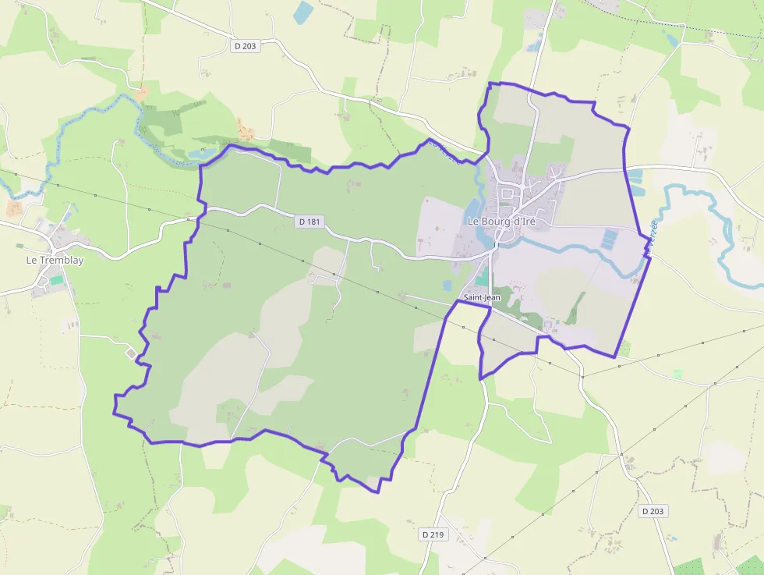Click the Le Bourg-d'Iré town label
501,221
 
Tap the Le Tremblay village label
55,260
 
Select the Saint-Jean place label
482,297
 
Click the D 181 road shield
309,222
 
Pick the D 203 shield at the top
245,46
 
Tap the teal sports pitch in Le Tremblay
56,279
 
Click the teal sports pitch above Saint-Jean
483,277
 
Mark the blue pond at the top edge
302,12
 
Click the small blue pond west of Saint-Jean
447,286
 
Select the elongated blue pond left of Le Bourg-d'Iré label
472,208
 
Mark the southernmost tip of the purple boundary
378,492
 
